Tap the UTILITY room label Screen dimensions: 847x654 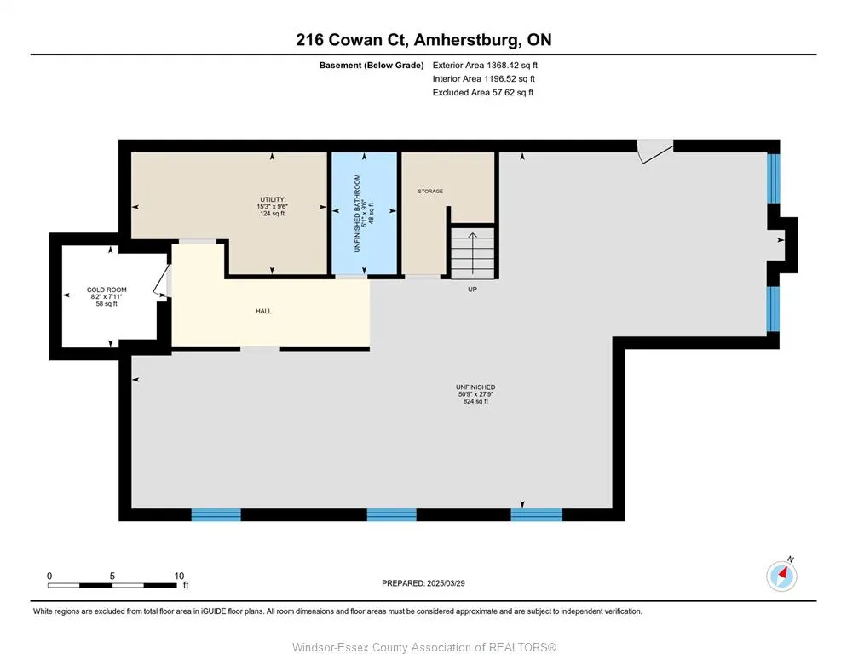[x=273, y=199]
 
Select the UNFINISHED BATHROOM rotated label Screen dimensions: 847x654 [x=357, y=213]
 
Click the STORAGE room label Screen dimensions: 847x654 [x=430, y=192]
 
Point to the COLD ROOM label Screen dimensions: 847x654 [x=107, y=290]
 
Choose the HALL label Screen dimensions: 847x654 [x=263, y=311]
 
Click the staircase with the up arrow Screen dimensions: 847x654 [x=472, y=252]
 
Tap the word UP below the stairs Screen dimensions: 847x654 [x=472, y=290]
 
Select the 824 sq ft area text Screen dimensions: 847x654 [x=475, y=401]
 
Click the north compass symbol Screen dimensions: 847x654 [x=781, y=576]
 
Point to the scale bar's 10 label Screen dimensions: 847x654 [x=179, y=576]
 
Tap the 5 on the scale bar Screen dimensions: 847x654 [x=112, y=576]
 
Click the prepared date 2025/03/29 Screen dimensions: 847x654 [x=446, y=583]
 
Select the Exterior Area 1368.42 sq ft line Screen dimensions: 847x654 [x=485, y=66]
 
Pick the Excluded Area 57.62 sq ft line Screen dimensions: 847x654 [x=483, y=92]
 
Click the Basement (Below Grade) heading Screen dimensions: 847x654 [x=372, y=66]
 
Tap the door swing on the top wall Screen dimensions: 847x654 [x=655, y=151]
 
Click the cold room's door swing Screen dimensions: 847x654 [x=161, y=280]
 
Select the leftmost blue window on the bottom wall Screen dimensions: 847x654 [x=216, y=514]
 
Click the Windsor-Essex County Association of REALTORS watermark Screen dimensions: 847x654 [x=424, y=647]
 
